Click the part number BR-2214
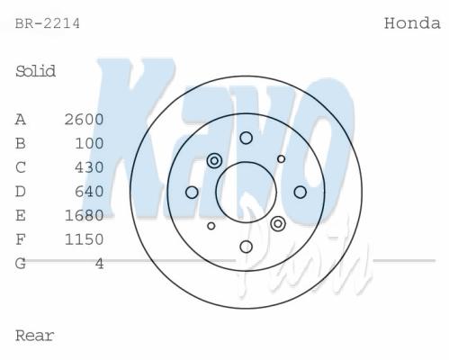click(48, 23)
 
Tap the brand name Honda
click(412, 23)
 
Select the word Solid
click(35, 71)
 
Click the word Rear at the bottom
click(34, 336)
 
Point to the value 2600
click(84, 120)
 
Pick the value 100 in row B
click(89, 143)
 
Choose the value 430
click(89, 167)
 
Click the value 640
click(89, 192)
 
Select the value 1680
click(84, 215)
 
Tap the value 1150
click(84, 239)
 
